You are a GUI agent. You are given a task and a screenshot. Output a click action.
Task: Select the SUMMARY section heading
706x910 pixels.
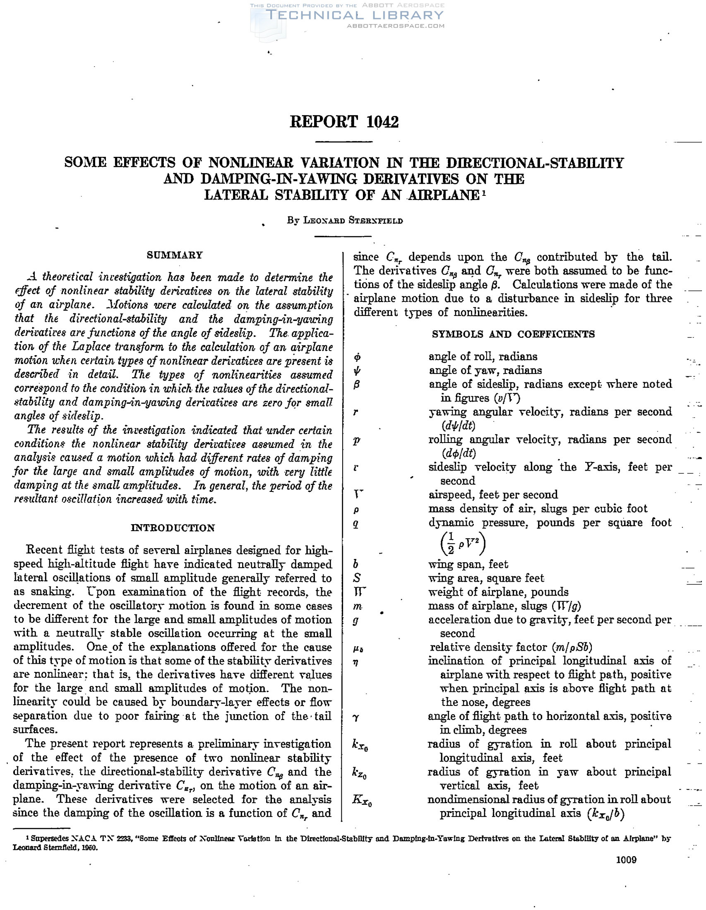coord(175,255)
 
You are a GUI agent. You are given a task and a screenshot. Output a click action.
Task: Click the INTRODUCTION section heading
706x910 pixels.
coord(173,528)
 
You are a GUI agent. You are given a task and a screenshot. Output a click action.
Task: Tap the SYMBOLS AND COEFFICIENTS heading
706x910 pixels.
coord(513,334)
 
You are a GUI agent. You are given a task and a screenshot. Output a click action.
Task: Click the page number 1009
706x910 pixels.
coord(626,859)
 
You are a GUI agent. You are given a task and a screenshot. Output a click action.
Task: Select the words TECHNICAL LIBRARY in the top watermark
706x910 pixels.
coord(355,15)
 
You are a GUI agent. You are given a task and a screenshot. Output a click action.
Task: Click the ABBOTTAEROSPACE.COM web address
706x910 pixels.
coord(396,26)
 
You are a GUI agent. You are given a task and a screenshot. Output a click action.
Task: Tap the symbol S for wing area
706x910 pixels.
coord(357,578)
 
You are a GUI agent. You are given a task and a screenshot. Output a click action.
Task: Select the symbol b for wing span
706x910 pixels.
coord(356,564)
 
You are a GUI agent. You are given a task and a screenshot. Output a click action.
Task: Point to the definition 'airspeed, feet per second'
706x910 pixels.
coord(493,495)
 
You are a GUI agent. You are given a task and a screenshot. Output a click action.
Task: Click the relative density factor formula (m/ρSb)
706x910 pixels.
coord(572,647)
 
